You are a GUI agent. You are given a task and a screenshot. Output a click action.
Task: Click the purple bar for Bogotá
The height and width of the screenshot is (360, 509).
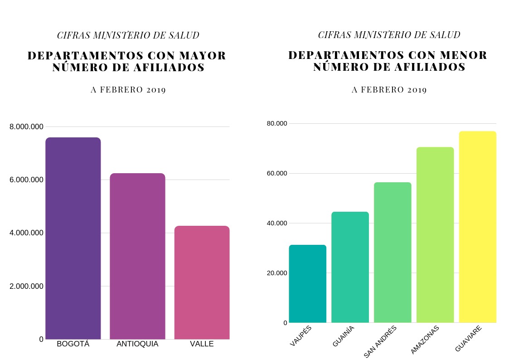73,238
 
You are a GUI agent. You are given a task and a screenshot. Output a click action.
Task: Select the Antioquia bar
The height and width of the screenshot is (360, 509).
137,256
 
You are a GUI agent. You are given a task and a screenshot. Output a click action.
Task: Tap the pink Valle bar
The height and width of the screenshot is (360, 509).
202,282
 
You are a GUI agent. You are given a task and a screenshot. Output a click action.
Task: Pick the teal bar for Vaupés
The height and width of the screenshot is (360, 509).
307,284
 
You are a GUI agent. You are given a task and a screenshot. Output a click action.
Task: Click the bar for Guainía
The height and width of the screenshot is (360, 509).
350,267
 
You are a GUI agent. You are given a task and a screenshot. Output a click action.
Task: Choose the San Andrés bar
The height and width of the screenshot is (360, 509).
393,253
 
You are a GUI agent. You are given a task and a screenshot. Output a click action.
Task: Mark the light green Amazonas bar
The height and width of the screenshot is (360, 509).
435,235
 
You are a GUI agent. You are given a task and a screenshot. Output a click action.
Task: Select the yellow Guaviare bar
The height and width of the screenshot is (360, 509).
478,227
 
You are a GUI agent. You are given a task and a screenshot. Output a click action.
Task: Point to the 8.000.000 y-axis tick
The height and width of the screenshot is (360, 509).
26,127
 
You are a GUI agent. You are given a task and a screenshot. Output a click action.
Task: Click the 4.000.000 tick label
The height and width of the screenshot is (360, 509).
26,233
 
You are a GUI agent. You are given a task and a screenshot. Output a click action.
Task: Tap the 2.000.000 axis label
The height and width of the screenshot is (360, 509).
26,286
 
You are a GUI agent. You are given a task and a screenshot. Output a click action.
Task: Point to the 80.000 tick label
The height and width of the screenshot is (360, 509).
276,123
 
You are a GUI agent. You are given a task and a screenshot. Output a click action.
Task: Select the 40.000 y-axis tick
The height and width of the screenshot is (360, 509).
276,223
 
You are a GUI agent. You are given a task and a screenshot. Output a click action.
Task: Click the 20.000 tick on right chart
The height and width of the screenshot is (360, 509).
276,273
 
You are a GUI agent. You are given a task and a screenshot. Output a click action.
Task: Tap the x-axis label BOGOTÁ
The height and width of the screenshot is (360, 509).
73,344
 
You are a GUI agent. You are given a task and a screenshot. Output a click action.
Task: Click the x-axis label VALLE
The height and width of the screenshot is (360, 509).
202,344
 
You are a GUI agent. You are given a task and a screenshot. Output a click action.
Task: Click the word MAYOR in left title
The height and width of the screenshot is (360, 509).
202,56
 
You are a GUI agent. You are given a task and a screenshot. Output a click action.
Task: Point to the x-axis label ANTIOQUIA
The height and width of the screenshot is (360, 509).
137,344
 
